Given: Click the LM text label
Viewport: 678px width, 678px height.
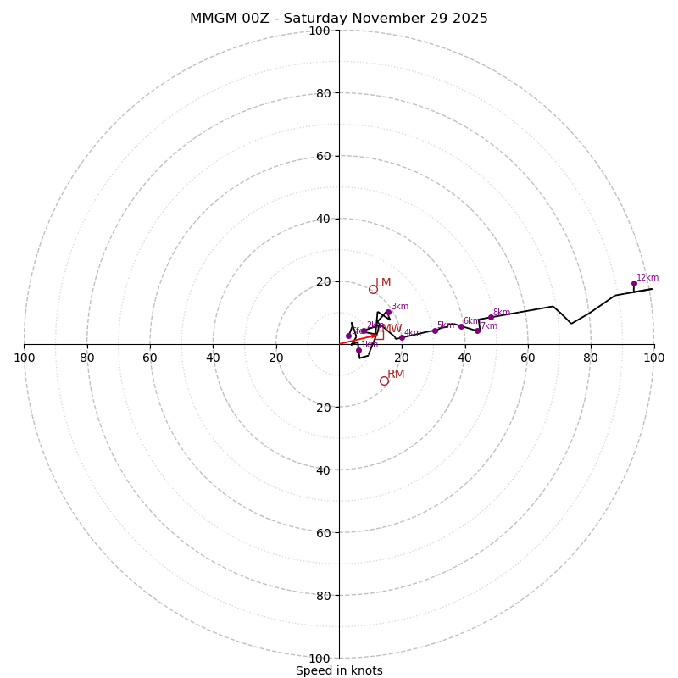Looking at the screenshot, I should pos(383,283).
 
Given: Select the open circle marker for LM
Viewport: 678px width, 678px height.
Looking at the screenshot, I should pos(373,289).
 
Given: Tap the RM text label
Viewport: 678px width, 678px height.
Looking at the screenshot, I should pos(396,375).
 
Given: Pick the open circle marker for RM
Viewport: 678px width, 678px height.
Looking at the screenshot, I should pos(384,381).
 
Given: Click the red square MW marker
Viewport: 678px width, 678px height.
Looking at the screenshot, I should pos(379,335).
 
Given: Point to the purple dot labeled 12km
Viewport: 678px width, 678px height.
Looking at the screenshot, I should pos(634,284).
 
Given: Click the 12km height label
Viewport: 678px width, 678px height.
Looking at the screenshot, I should pos(647,278).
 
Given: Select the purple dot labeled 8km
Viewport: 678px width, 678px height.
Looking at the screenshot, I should pos(491,317).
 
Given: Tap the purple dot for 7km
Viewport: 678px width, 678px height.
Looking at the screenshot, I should pos(477,331).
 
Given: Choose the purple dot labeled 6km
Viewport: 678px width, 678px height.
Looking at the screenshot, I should pos(461,326).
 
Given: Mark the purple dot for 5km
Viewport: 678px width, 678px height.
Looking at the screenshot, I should pos(435,331).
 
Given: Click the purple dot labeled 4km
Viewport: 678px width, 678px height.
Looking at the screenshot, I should pos(402,337).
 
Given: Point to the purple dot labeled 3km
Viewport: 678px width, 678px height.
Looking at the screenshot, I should pos(388,312).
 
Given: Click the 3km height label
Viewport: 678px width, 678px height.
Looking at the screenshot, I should pos(399,307).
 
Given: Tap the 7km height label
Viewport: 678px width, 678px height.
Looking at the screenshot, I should pos(489,326).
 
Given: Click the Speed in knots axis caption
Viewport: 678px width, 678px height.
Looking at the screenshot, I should pos(339,670).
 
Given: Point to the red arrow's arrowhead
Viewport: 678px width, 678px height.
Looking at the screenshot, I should pos(374,336).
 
